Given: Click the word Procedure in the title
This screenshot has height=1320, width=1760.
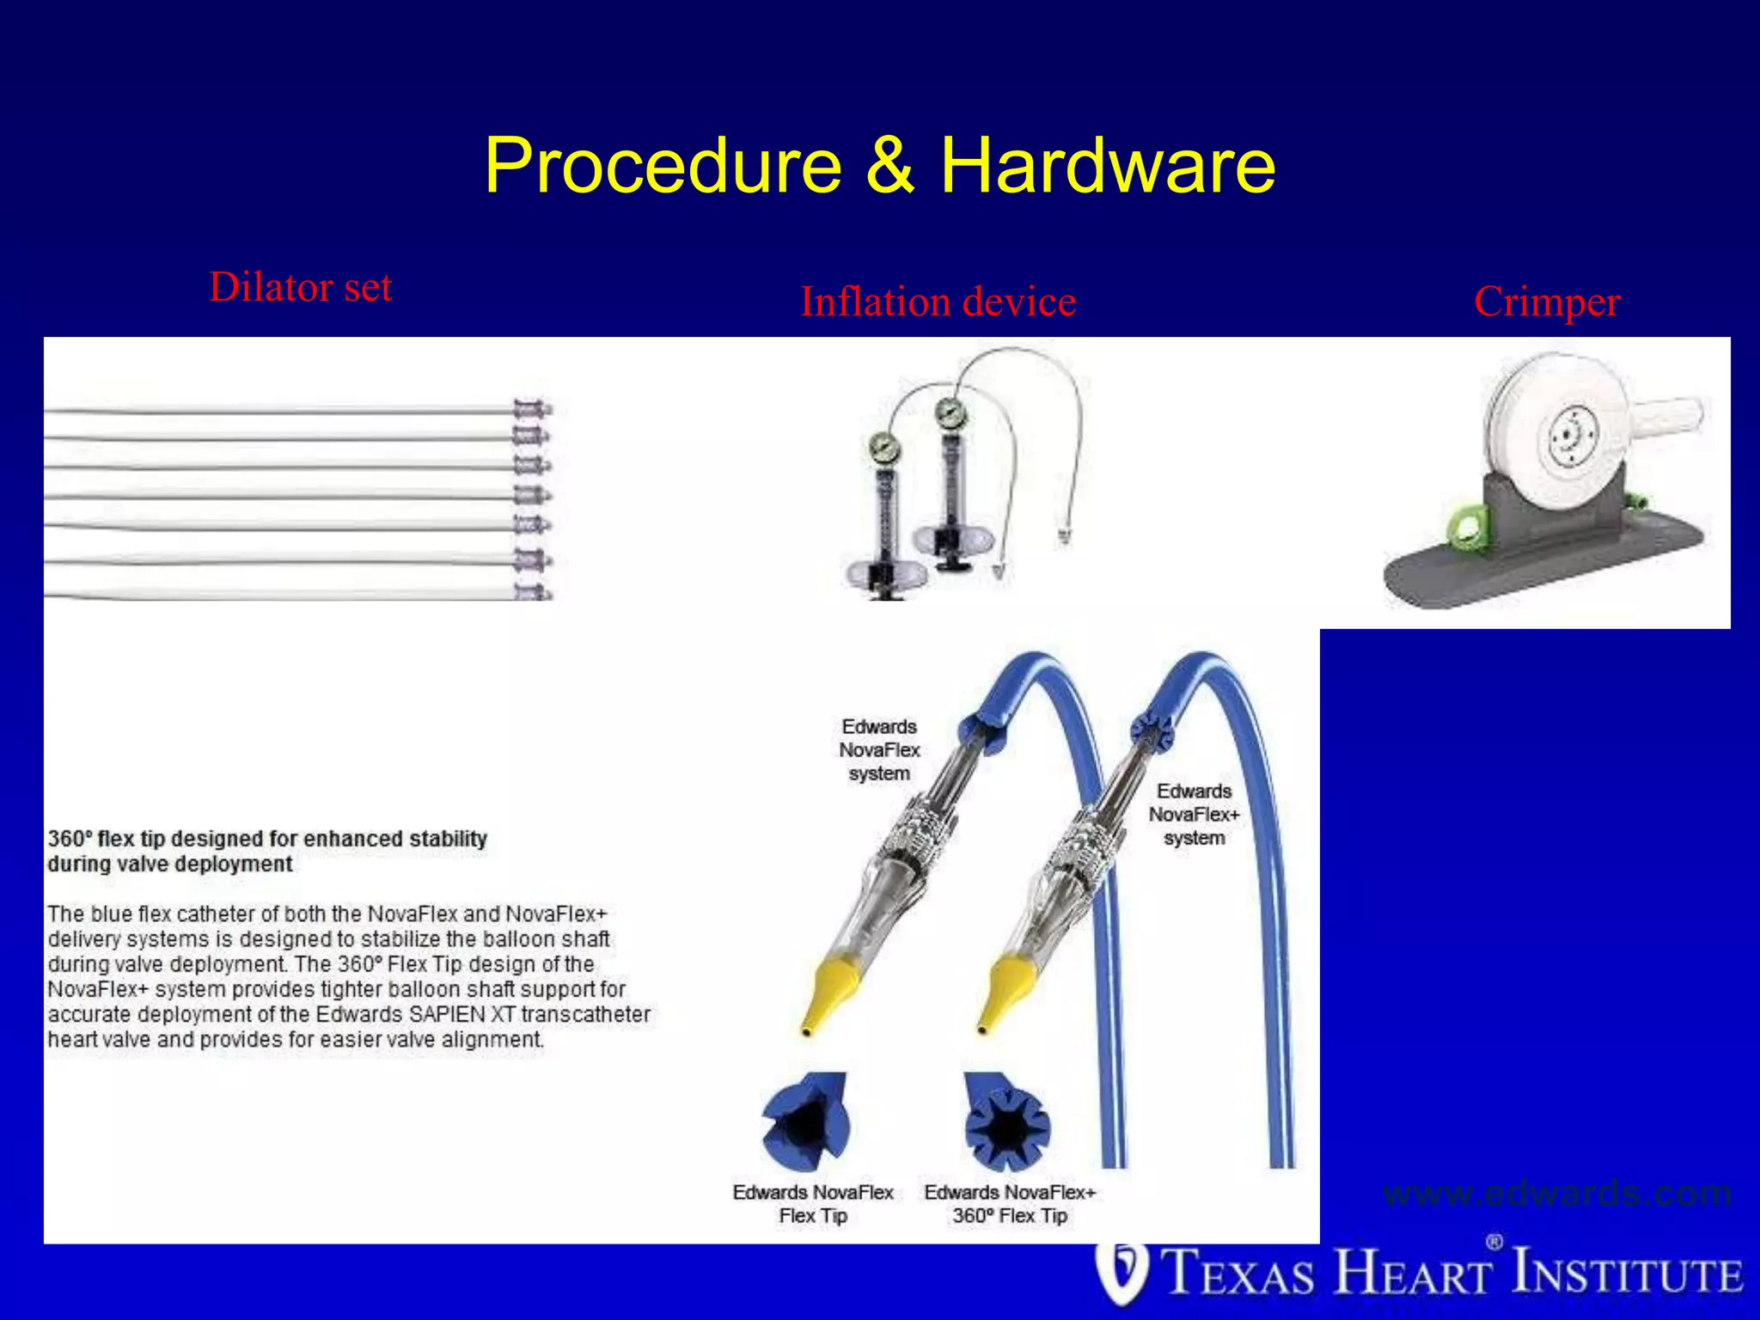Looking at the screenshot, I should click(663, 165).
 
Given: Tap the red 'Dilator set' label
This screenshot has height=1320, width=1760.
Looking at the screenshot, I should click(301, 287).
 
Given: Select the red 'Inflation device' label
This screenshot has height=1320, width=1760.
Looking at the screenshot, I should click(938, 302).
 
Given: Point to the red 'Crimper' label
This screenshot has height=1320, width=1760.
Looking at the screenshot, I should click(1547, 302).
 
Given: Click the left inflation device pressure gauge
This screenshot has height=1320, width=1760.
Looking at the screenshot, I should click(883, 447).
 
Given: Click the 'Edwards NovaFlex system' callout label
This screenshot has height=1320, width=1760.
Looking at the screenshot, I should click(879, 750).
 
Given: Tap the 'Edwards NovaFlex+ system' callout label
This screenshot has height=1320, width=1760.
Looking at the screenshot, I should click(1194, 814).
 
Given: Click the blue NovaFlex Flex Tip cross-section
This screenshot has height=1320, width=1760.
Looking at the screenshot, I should click(806, 1122).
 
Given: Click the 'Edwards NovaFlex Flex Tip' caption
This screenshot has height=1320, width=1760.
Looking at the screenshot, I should click(813, 1204).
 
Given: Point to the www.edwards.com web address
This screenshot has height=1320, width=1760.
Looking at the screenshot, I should click(1556, 1194).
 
